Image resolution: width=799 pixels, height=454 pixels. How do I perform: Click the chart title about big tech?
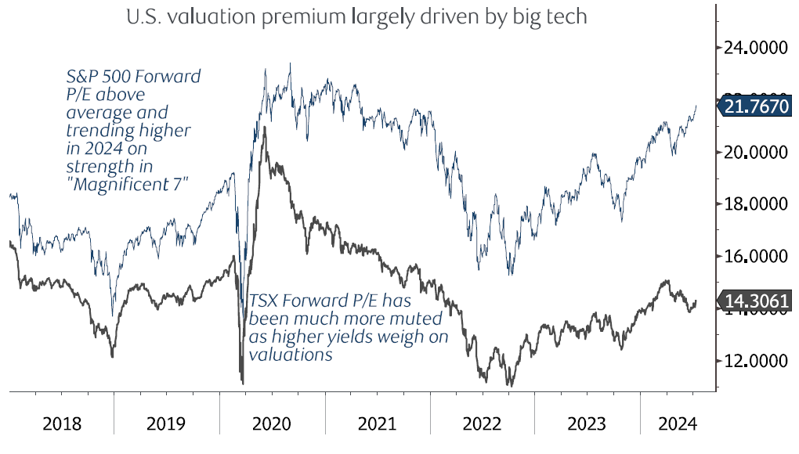[x=356, y=16]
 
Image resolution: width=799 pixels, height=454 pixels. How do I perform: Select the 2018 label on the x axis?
[x=61, y=424]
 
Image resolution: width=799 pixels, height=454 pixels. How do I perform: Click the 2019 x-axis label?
[x=166, y=424]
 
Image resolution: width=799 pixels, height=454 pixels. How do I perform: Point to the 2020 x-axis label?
[x=271, y=424]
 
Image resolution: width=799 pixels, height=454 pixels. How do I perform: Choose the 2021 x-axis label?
[x=377, y=424]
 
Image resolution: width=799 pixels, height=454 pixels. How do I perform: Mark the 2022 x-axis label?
[x=482, y=424]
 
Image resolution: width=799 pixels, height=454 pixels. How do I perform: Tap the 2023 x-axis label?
[x=587, y=424]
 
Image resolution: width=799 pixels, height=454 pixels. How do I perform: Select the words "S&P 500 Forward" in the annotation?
[x=133, y=76]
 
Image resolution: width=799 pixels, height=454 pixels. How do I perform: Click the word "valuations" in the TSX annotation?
[x=291, y=354]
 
